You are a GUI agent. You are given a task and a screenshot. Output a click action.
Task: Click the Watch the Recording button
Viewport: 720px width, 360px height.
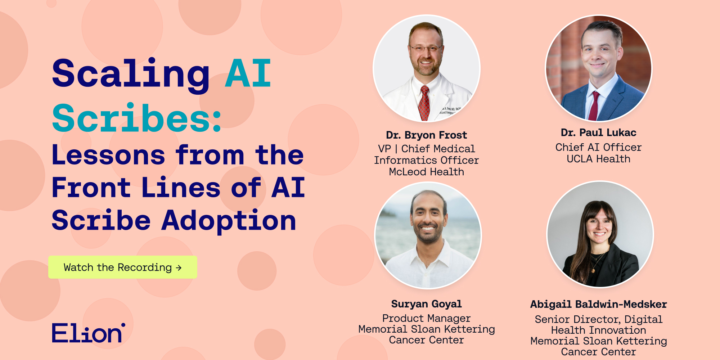click(x=123, y=267)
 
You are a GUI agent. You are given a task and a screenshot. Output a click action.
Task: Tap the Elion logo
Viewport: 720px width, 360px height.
click(x=89, y=333)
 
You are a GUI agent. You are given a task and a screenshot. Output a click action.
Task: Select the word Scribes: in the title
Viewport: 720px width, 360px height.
click(x=137, y=118)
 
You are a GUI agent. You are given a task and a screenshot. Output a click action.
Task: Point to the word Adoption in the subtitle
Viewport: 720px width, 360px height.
click(x=229, y=220)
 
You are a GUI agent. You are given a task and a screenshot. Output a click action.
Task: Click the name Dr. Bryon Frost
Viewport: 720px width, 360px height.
click(x=426, y=135)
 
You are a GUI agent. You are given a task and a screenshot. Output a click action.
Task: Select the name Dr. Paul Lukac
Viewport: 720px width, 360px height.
click(x=598, y=132)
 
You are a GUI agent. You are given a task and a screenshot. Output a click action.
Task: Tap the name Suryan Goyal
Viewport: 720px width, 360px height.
click(x=426, y=304)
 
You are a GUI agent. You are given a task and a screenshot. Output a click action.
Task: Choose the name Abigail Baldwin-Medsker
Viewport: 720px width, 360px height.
click(x=598, y=304)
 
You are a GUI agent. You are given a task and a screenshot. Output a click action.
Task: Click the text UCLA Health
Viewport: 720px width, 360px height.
click(x=598, y=159)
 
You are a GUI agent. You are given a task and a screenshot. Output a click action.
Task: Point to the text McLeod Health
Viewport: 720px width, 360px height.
click(x=426, y=172)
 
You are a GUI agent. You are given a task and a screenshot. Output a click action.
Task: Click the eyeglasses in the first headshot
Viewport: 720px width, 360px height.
click(x=426, y=48)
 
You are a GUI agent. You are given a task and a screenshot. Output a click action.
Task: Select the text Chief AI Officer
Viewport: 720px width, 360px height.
click(x=598, y=147)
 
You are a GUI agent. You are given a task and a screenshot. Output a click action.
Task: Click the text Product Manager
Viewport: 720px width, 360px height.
click(x=426, y=318)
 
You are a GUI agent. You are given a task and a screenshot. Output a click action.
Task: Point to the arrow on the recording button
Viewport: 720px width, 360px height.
click(x=179, y=268)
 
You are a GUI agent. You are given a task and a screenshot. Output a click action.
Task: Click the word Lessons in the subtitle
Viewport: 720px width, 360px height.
click(x=108, y=155)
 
